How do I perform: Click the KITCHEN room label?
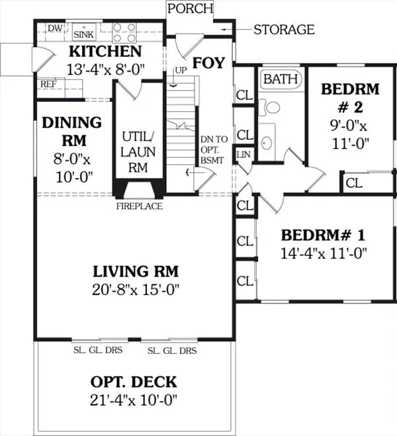[x=105, y=51]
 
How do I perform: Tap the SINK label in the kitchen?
[x=83, y=34]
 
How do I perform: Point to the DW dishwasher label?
[x=55, y=28]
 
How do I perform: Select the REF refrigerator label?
[x=49, y=84]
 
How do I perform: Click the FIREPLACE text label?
[x=140, y=206]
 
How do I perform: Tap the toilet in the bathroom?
[x=269, y=108]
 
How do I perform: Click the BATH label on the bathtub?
[x=281, y=79]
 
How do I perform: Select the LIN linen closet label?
[x=243, y=155]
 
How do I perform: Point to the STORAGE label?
[x=284, y=30]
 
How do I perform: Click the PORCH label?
[x=190, y=9]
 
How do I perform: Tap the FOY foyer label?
[x=208, y=63]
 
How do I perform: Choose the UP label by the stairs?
[x=181, y=71]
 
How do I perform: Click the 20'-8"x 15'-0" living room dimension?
[x=136, y=290]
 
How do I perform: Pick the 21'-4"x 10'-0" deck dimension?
[x=134, y=400]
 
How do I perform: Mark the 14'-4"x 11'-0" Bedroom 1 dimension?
[x=324, y=253]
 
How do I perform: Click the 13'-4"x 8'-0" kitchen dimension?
[x=106, y=69]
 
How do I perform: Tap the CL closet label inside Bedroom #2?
[x=354, y=183]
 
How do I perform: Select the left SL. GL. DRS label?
[x=98, y=350]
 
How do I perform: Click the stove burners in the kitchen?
[x=124, y=32]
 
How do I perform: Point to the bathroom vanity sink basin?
[x=267, y=143]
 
